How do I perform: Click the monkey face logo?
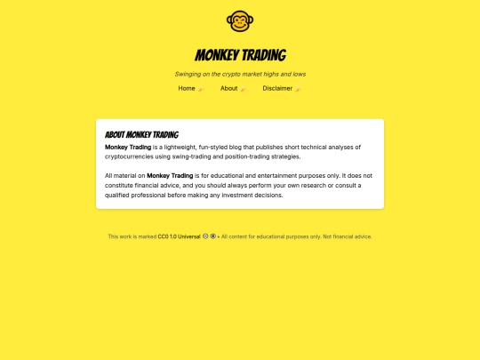tap(240, 20)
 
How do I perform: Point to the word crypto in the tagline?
tap(232, 74)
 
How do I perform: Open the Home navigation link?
tap(187, 88)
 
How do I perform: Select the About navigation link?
tap(228, 88)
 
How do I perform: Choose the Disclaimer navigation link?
tap(277, 88)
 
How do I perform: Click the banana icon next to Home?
tap(201, 89)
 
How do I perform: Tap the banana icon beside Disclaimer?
tap(298, 89)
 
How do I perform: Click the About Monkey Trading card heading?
tap(141, 134)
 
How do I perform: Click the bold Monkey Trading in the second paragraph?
tap(170, 176)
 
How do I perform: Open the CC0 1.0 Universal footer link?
tap(180, 236)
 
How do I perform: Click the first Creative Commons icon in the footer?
tap(206, 236)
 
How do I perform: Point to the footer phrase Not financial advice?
tap(348, 236)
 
